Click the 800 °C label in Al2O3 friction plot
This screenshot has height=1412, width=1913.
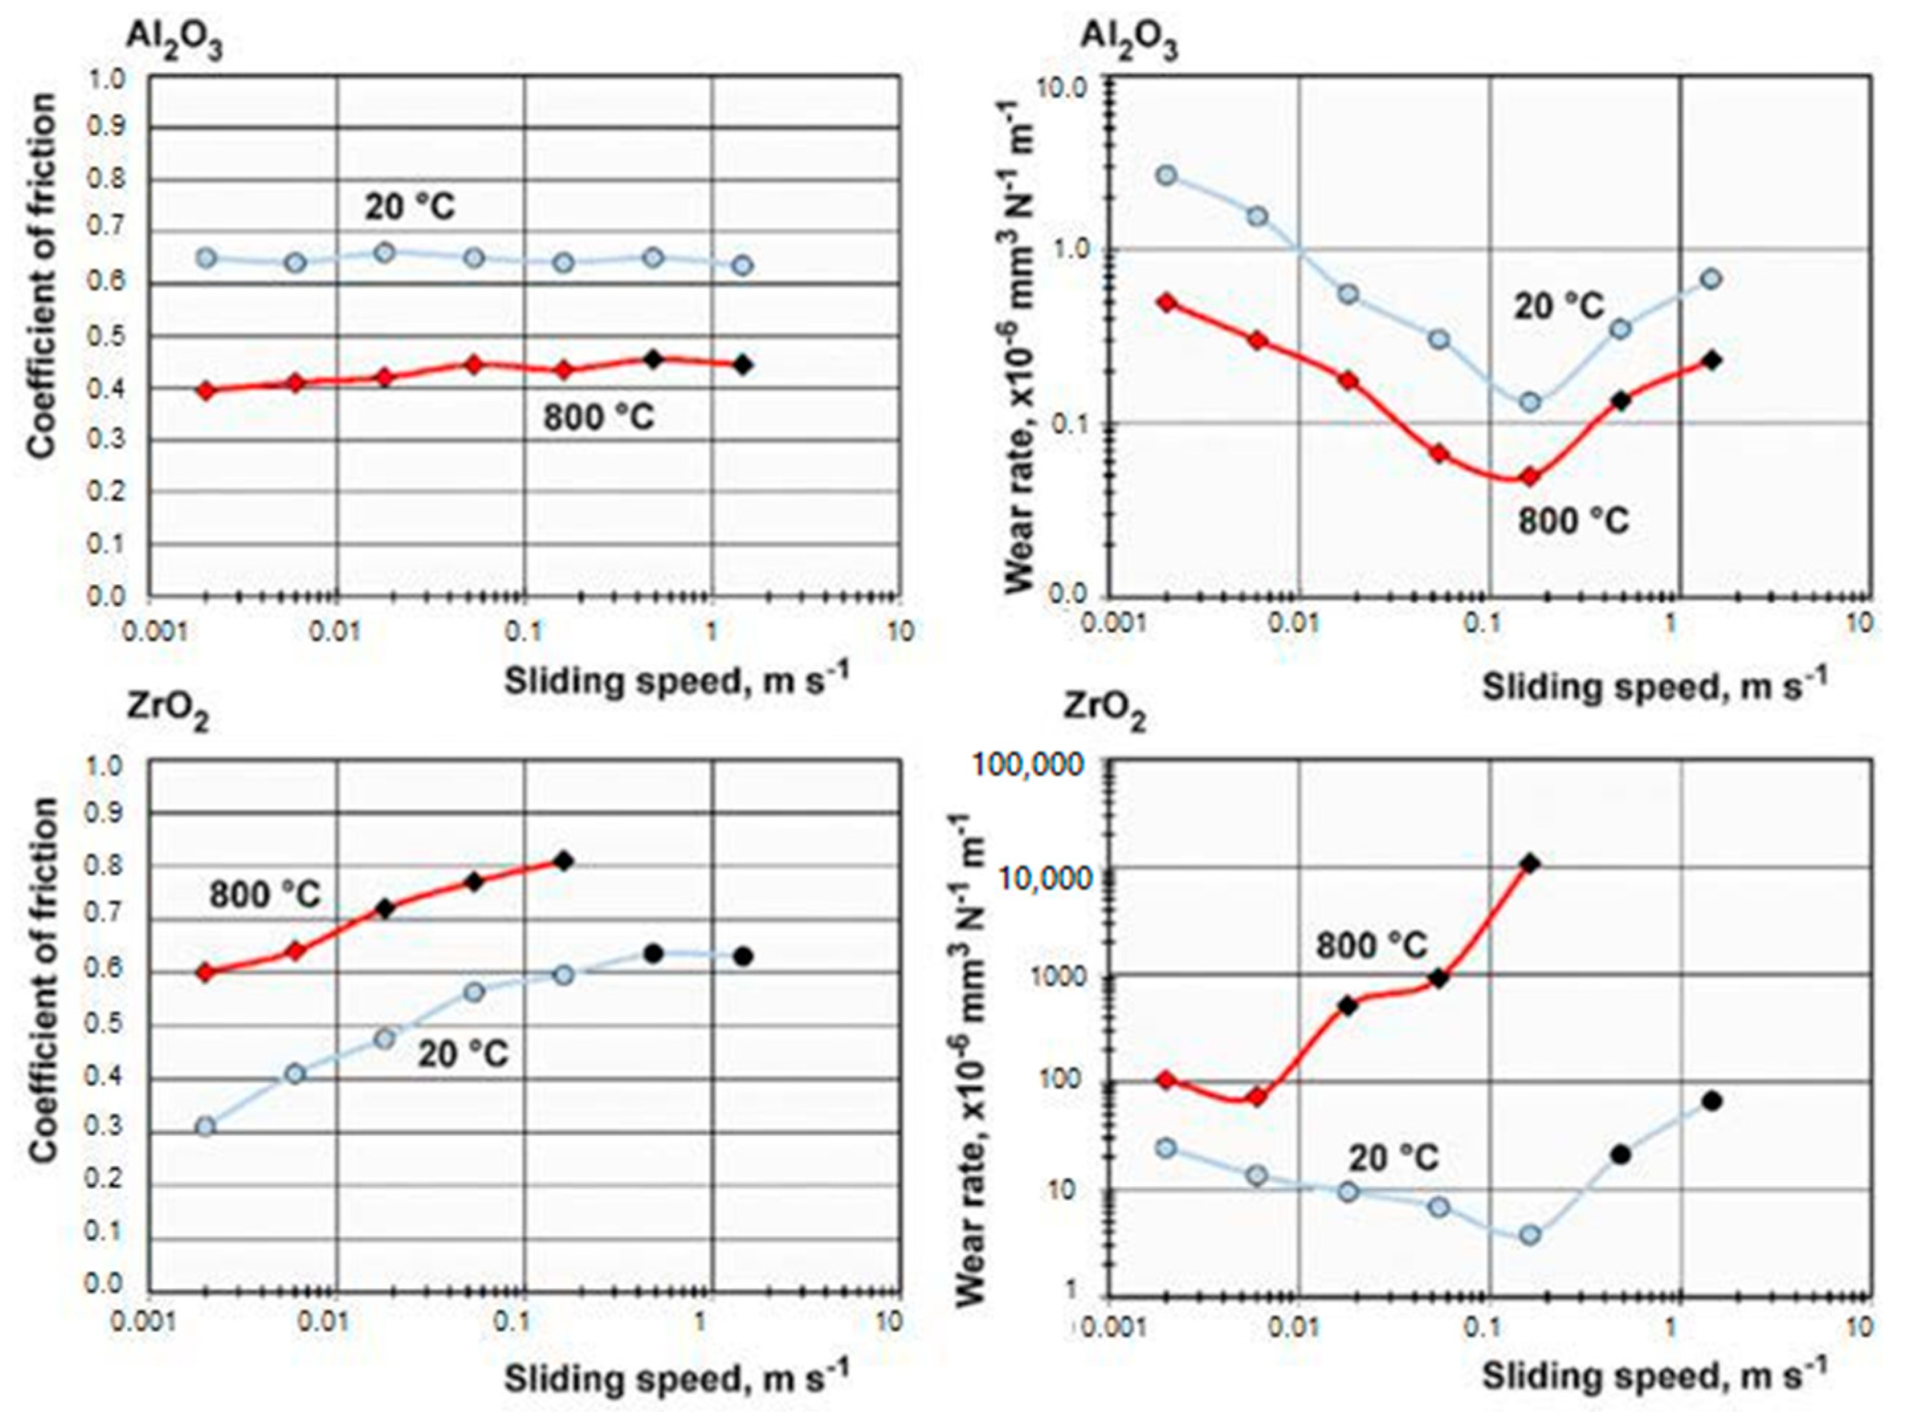(598, 418)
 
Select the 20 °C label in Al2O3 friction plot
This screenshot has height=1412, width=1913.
(410, 207)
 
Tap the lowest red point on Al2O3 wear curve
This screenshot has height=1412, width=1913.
(1529, 477)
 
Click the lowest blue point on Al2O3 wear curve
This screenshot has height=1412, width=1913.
(1530, 402)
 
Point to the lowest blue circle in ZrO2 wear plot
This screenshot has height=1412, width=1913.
(1530, 1235)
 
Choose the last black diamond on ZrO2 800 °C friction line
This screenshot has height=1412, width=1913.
(563, 861)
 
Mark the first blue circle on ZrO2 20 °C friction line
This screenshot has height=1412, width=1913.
(205, 1127)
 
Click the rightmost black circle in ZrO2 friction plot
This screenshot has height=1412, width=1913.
(743, 956)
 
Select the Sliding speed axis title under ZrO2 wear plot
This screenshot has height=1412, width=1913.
(1654, 1376)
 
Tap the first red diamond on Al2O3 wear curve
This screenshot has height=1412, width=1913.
(1166, 303)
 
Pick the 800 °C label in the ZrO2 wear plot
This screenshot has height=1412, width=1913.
(1371, 944)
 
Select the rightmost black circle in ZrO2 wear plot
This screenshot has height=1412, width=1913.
(1711, 1101)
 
